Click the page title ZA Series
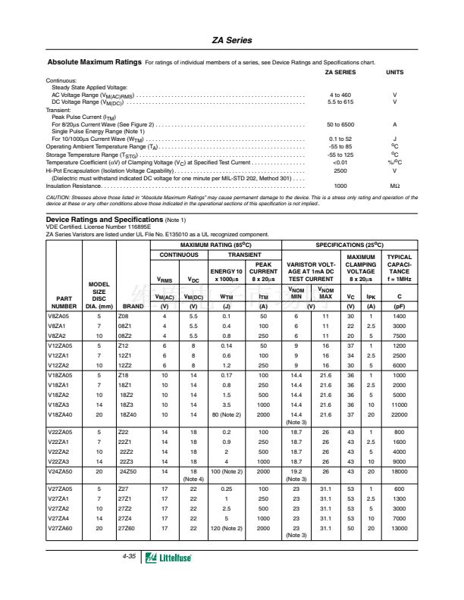(x=232, y=40)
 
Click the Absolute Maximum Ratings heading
(x=93, y=61)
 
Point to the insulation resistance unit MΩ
(x=395, y=186)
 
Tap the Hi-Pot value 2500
(x=340, y=170)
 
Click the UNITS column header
(x=395, y=72)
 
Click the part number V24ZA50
(x=60, y=472)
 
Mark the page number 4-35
(x=129, y=556)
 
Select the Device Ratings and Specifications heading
(x=105, y=218)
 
